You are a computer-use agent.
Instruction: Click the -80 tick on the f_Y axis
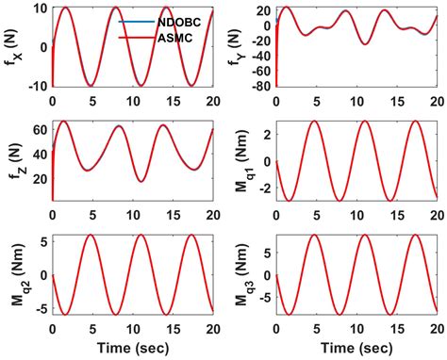(x=260, y=87)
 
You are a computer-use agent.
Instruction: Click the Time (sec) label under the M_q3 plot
(x=356, y=346)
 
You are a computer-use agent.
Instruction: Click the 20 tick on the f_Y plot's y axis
(x=263, y=12)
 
